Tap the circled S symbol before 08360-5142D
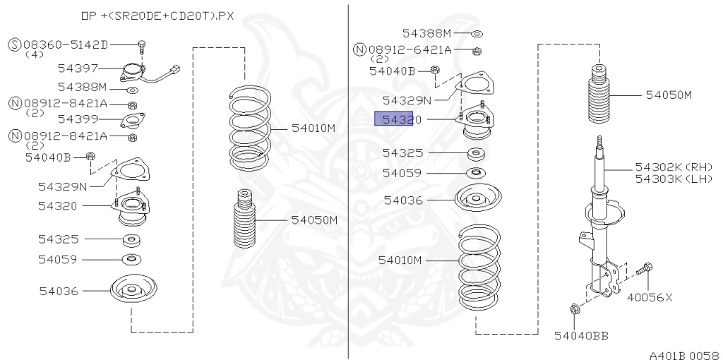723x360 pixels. pos(14,44)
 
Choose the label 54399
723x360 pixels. pos(77,119)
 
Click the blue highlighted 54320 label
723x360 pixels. pos(393,119)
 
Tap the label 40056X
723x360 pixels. pos(650,297)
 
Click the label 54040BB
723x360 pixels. pos(581,335)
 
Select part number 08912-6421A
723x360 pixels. pos(411,49)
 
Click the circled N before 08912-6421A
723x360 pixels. pos(359,49)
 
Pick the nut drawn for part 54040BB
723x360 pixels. pos(573,308)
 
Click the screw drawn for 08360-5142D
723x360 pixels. pos(141,47)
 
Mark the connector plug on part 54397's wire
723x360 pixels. pos(176,69)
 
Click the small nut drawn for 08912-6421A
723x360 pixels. pos(477,50)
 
